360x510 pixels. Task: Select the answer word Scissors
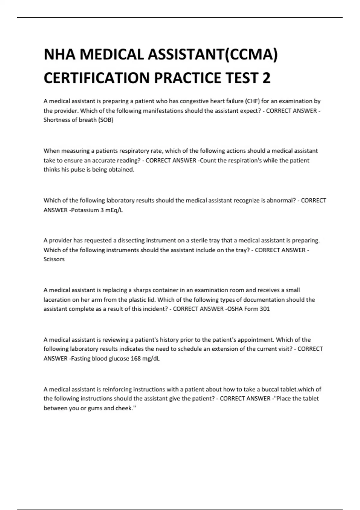(54, 259)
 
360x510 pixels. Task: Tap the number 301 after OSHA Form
(265, 309)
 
